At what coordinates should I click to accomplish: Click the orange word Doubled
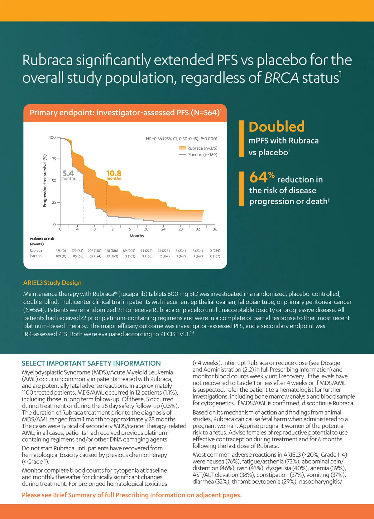276,127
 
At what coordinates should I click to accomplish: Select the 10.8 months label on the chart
114,175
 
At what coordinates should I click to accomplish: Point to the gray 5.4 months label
69,175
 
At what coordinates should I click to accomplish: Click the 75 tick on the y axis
54,159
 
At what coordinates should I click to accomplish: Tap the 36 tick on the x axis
215,229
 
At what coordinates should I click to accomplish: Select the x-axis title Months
137,236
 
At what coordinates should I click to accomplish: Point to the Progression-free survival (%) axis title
45,181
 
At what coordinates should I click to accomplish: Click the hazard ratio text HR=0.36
154,139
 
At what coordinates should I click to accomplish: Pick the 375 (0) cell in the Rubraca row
61,250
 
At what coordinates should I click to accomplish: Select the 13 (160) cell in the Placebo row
112,256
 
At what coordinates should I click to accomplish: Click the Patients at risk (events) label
42,241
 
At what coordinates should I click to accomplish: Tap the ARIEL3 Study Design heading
52,283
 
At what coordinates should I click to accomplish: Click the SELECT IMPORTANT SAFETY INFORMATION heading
91,363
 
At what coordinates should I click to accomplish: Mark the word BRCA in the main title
281,78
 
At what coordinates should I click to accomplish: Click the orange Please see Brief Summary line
132,495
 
